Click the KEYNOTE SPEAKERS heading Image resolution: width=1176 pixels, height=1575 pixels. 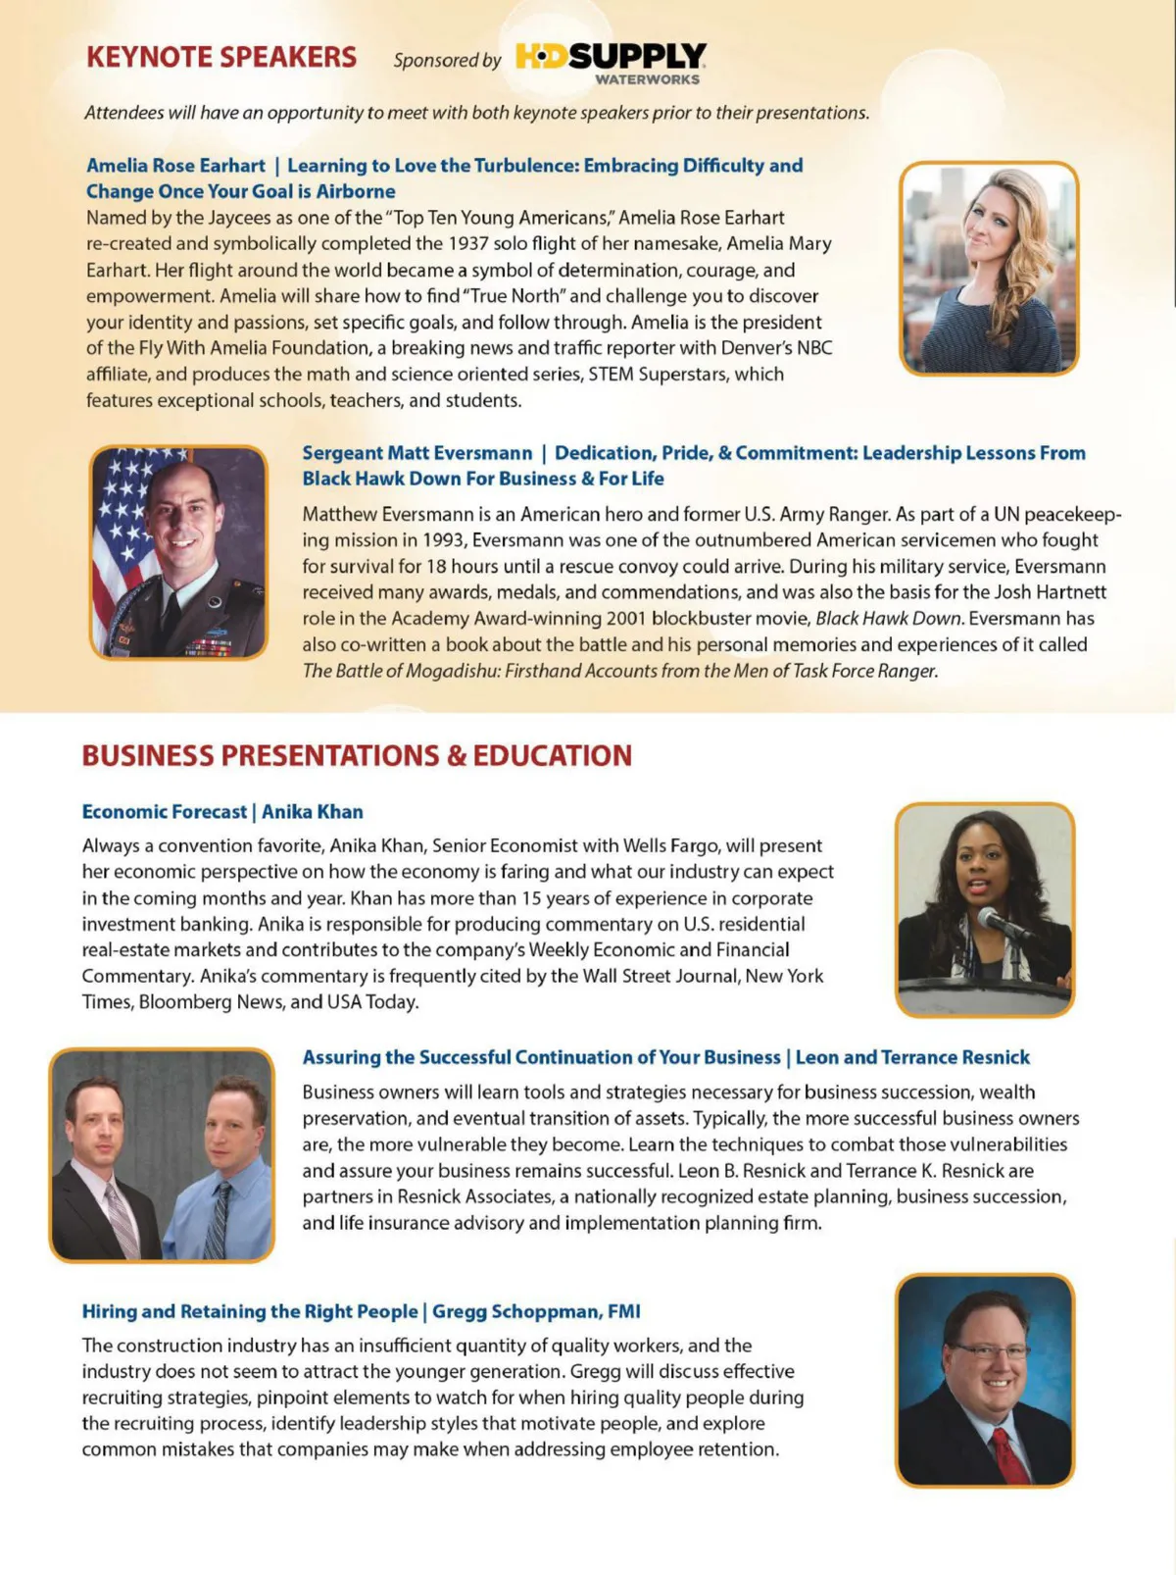[x=221, y=57]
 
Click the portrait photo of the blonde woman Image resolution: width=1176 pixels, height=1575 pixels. [x=989, y=268]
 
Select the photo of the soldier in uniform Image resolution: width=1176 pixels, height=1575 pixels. [x=179, y=552]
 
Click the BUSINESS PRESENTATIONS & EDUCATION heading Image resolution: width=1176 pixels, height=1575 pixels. [x=357, y=756]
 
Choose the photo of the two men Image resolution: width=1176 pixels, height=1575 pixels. [x=162, y=1154]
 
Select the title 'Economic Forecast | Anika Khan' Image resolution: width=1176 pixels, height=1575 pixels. [x=222, y=812]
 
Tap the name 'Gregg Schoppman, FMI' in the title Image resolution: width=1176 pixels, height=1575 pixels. [x=536, y=1312]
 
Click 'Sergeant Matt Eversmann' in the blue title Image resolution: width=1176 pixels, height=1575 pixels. [x=416, y=453]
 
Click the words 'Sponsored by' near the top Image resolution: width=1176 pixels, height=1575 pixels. [x=447, y=60]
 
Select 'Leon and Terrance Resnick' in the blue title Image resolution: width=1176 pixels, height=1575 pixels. [x=912, y=1057]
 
